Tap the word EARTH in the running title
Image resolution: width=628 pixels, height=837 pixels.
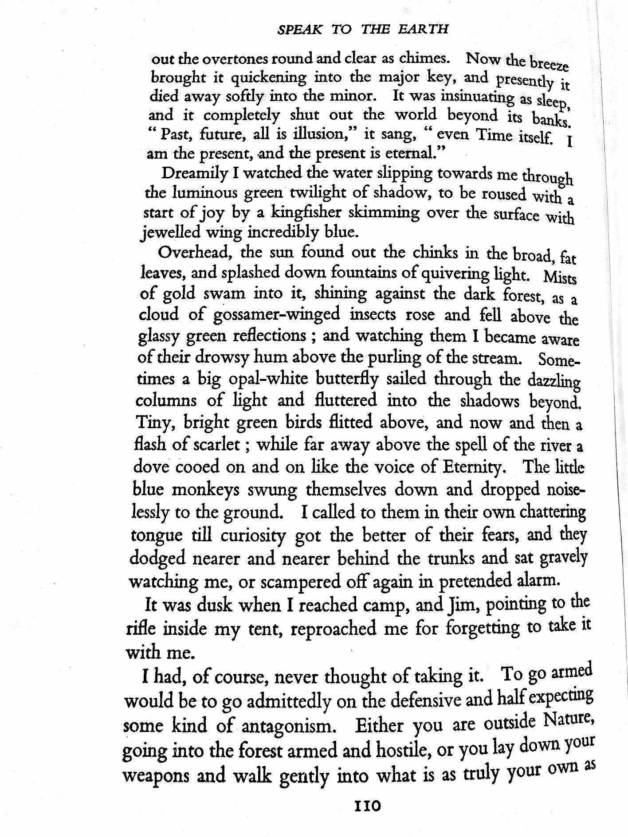pos(423,29)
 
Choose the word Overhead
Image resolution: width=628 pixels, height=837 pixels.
pos(195,252)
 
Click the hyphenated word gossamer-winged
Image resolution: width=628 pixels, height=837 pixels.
pos(276,314)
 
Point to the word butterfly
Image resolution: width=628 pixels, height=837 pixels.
pos(347,379)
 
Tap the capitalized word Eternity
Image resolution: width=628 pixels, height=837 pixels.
pos(472,467)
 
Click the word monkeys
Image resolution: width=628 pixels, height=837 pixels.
pos(206,489)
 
